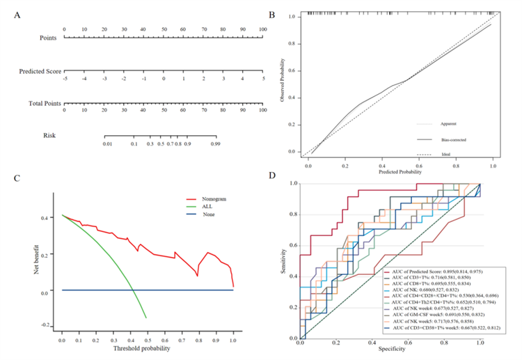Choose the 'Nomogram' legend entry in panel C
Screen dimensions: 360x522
214,198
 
